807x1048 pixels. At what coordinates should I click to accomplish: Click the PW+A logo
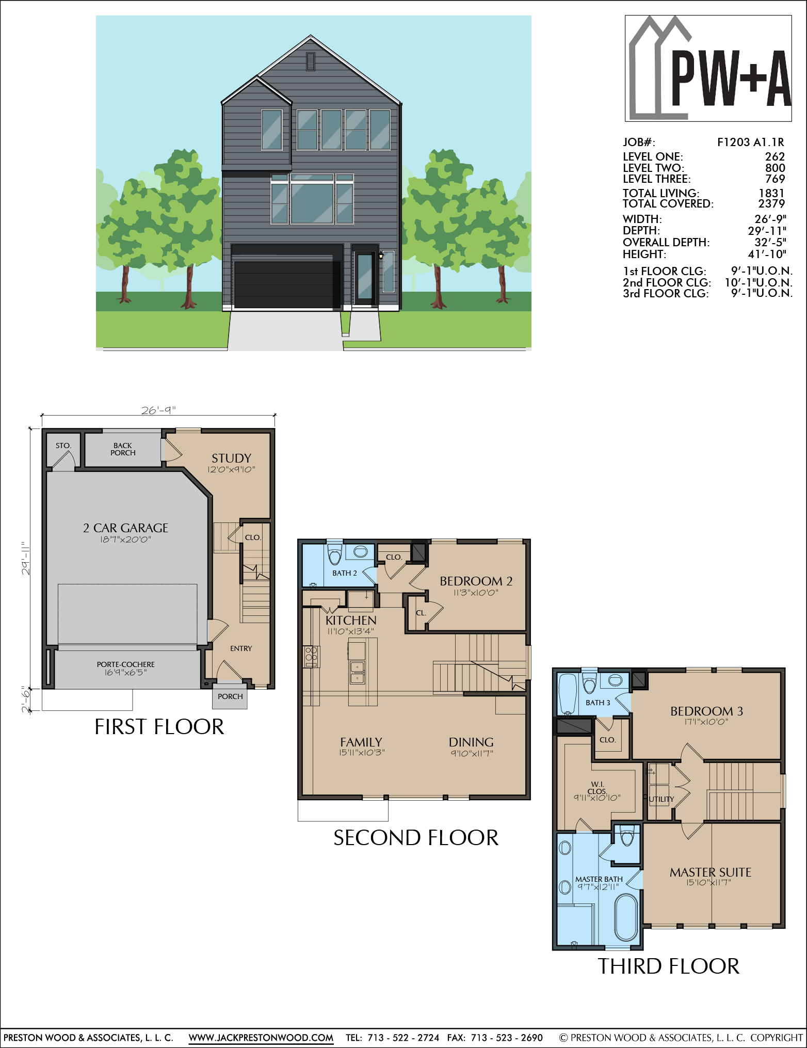pos(708,68)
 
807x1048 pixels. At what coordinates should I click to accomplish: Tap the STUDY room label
pos(231,458)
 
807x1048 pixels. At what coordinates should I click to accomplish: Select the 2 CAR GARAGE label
pos(126,528)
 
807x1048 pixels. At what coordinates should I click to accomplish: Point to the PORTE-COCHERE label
pos(125,664)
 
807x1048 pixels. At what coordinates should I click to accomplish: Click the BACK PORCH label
pos(123,449)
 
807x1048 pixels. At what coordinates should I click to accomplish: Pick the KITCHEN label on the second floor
pos(351,620)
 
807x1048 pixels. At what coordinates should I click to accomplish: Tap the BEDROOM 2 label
pos(476,581)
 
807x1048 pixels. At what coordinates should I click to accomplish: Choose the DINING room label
pos(471,742)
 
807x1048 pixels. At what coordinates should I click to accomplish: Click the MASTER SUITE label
pos(711,872)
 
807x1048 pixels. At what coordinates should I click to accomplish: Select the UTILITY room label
pos(661,799)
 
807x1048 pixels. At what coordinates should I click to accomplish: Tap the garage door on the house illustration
pos(287,284)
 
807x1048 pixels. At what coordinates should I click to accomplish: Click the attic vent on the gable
pos(310,61)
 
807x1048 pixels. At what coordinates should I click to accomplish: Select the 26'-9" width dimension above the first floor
pos(158,410)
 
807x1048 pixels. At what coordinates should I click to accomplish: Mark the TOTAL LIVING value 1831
pos(771,193)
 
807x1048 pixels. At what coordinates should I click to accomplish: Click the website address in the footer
pos(261,1037)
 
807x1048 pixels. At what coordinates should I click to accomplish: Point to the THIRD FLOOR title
pos(669,966)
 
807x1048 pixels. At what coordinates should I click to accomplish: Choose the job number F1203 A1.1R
pos(750,142)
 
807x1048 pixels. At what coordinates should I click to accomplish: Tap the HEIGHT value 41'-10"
pos(767,253)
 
